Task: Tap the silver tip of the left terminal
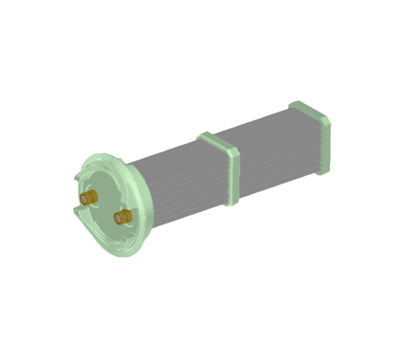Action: (x=84, y=200)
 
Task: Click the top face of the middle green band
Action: (x=217, y=141)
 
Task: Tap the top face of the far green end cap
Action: (x=308, y=110)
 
